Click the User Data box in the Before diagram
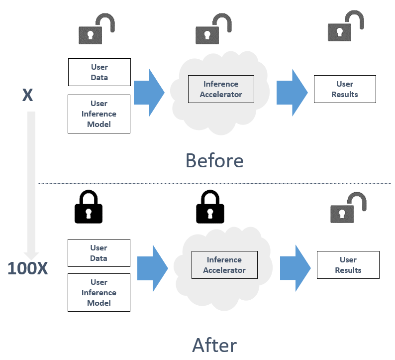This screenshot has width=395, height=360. pyautogui.click(x=99, y=72)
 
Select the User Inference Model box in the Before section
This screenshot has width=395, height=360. pyautogui.click(x=99, y=114)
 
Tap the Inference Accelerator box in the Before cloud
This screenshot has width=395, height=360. pyautogui.click(x=221, y=89)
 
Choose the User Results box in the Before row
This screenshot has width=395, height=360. pyautogui.click(x=345, y=89)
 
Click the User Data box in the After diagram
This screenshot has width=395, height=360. pyautogui.click(x=99, y=253)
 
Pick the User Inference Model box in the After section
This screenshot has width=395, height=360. pyautogui.click(x=99, y=293)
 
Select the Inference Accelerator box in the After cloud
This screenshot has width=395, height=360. pyautogui.click(x=224, y=265)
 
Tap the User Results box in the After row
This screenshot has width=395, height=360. pyautogui.click(x=348, y=265)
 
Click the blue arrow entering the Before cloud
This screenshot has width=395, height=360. pyautogui.click(x=149, y=93)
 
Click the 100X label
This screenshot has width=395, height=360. pyautogui.click(x=28, y=268)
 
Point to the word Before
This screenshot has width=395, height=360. pyautogui.click(x=214, y=160)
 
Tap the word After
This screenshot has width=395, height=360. pyautogui.click(x=214, y=345)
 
